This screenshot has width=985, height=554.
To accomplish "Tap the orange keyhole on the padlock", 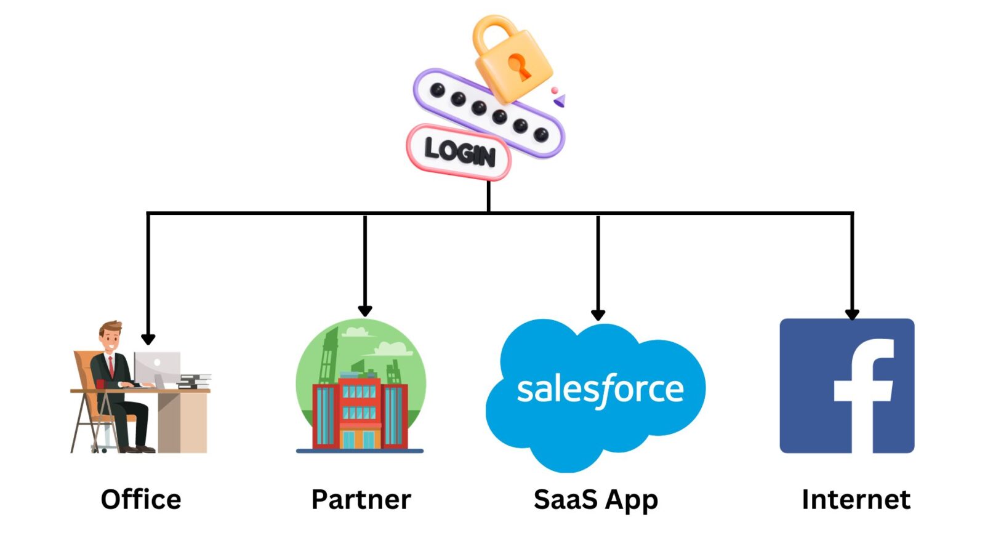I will pos(518,66).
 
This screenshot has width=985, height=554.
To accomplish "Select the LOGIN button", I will pos(459,152).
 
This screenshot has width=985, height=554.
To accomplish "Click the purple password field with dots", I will pos(488,113).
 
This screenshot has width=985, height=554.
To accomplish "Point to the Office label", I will pos(141,499).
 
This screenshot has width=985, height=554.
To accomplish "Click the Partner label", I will pos(361,499).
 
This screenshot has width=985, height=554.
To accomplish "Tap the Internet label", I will pos(856,499).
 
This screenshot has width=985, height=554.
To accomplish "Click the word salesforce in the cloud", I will pos(600,390).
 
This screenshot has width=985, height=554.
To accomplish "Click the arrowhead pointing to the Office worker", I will pos(148,339).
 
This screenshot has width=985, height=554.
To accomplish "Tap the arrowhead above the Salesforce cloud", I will pos(598,315).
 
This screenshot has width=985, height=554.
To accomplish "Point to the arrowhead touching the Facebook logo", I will pos(852,314).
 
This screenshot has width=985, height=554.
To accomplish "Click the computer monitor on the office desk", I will pos(158,367).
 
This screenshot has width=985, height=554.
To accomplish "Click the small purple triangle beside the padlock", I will pos(560,100).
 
